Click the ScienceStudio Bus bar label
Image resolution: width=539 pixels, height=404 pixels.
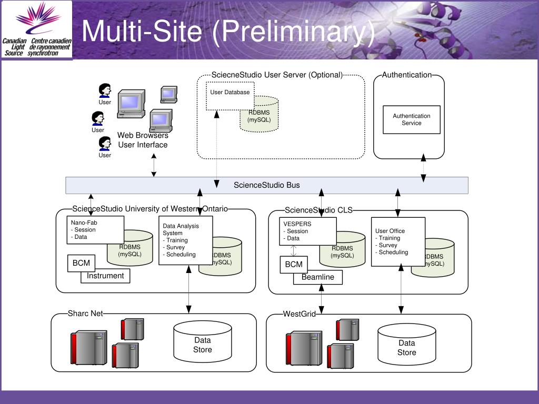click(267, 185)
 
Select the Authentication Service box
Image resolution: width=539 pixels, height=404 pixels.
click(412, 119)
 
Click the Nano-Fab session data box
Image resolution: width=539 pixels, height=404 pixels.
click(95, 230)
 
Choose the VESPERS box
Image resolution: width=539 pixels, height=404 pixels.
click(307, 231)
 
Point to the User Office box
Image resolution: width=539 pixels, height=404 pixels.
click(398, 241)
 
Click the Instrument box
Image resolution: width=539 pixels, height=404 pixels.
click(105, 276)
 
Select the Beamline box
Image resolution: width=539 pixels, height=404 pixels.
click(318, 277)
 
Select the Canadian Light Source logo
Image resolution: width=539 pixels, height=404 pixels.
click(37, 30)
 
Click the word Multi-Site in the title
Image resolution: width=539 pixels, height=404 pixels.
click(142, 31)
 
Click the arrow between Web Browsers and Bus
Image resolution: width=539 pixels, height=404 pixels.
click(154, 166)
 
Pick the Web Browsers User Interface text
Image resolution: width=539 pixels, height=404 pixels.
click(143, 140)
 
